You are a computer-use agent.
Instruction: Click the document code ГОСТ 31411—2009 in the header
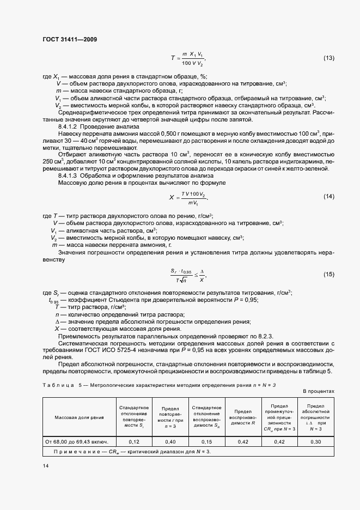70,39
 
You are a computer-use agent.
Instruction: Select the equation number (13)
329,58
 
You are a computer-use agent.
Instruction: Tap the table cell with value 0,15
206,442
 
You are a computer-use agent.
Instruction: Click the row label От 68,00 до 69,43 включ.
77,442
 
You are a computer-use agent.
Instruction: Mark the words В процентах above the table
318,392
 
